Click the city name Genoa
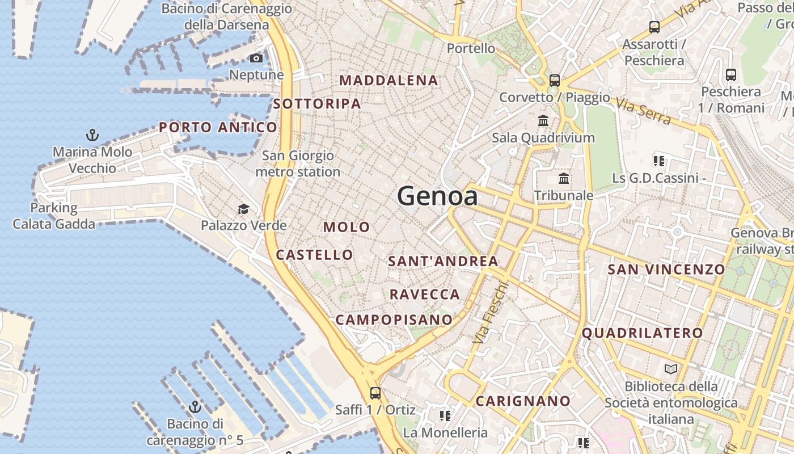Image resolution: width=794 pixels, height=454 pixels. pyautogui.click(x=437, y=196)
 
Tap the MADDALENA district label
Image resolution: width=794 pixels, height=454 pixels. pyautogui.click(x=389, y=81)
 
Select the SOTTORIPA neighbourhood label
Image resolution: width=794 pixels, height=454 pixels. pyautogui.click(x=317, y=104)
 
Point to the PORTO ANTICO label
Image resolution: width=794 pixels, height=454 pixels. pyautogui.click(x=218, y=127)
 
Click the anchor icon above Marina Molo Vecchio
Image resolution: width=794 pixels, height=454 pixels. pyautogui.click(x=92, y=135)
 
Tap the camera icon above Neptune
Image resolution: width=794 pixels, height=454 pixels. pyautogui.click(x=256, y=58)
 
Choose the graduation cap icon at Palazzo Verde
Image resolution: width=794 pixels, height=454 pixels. pyautogui.click(x=243, y=209)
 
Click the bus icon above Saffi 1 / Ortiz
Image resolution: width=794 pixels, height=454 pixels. pyautogui.click(x=375, y=393)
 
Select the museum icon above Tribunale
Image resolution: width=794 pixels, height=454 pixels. pyautogui.click(x=564, y=179)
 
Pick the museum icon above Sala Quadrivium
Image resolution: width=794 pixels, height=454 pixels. pyautogui.click(x=543, y=120)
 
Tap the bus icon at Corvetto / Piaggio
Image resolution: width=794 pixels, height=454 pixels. pyautogui.click(x=555, y=80)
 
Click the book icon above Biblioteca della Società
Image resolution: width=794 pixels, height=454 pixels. pyautogui.click(x=671, y=369)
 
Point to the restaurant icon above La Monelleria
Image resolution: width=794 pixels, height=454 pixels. pyautogui.click(x=445, y=416)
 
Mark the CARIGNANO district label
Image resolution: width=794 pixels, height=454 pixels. pyautogui.click(x=523, y=401)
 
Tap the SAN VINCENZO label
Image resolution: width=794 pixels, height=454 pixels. pyautogui.click(x=666, y=270)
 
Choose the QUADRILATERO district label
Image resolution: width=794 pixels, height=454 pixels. pyautogui.click(x=642, y=333)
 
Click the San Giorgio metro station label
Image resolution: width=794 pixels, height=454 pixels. pyautogui.click(x=298, y=163)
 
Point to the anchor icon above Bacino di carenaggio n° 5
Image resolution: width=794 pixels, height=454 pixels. pyautogui.click(x=195, y=407)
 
